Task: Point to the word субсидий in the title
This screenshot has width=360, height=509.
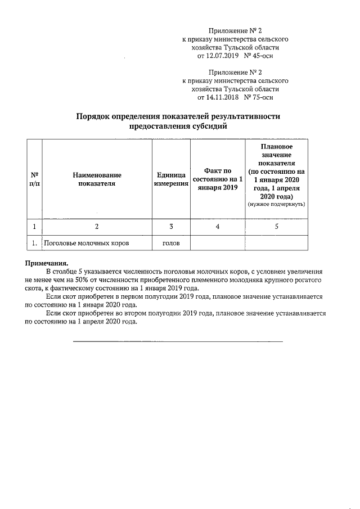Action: pos(209,127)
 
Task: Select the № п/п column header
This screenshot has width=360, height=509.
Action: pos(34,179)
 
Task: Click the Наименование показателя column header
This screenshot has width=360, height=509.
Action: pos(97,179)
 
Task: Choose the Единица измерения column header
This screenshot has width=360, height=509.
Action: pos(171,179)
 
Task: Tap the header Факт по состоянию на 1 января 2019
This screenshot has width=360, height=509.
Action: pos(218,179)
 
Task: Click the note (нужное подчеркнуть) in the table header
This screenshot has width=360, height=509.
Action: pos(276,205)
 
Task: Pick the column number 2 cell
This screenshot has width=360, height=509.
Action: pos(97,227)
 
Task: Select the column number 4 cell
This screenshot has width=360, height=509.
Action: pos(218,227)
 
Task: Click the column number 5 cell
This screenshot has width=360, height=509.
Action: pos(276,227)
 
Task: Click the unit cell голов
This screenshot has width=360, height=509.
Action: pos(171,243)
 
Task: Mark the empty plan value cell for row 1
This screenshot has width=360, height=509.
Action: pos(276,243)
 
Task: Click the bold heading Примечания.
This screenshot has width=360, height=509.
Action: pos(47,263)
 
